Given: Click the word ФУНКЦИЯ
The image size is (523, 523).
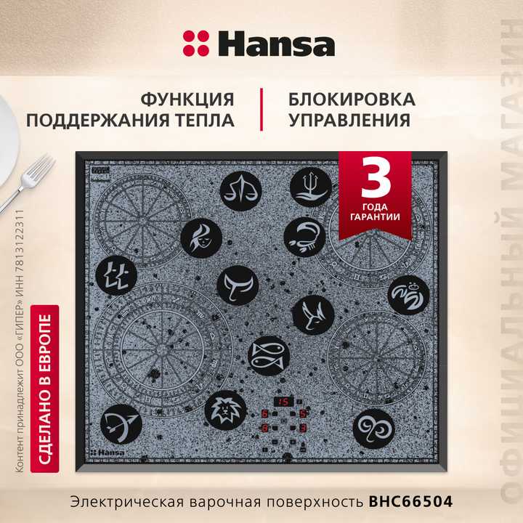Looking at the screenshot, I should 187,99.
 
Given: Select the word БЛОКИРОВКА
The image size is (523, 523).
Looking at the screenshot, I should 352,99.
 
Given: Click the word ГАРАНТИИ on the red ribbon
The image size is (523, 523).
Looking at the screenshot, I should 376,216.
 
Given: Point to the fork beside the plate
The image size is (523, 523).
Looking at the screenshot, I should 29,182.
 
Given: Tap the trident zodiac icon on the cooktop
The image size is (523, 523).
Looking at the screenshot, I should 310,185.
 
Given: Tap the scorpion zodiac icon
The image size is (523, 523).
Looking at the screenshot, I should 304,236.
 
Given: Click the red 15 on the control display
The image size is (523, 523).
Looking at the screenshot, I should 283,402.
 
